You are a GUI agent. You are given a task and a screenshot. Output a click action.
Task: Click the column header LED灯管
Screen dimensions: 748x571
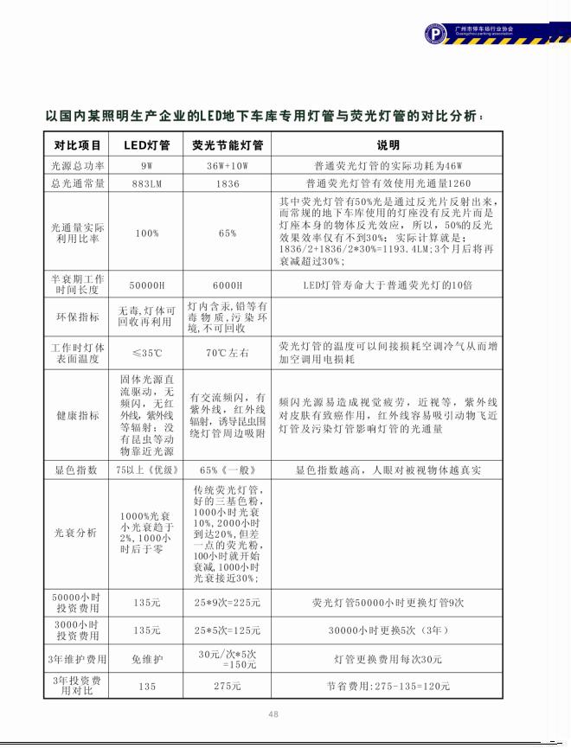tap(146, 144)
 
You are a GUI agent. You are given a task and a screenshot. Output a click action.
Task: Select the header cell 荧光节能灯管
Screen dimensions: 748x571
tap(228, 144)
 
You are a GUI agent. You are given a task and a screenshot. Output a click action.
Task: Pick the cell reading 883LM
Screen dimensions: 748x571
tap(146, 183)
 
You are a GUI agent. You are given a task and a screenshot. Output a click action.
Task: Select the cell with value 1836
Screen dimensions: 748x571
tap(228, 183)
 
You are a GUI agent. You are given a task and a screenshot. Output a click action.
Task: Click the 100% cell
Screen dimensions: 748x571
tap(146, 233)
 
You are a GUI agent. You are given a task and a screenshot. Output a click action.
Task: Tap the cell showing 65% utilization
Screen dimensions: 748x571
tap(228, 233)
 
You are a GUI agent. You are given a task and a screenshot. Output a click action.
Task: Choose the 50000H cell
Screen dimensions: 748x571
tap(146, 284)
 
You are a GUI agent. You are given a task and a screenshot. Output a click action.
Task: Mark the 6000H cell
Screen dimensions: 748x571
tap(228, 284)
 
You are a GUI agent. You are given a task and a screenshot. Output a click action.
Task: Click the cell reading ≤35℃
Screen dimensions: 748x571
tap(146, 353)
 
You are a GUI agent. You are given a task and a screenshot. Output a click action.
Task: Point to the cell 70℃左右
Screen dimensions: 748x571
tap(228, 353)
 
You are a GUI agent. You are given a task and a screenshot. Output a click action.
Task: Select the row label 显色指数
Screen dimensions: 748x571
tap(78, 470)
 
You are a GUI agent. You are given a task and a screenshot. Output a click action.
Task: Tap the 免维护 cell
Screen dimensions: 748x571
tap(146, 659)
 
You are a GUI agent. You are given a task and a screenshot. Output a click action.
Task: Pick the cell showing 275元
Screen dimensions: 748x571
tap(228, 686)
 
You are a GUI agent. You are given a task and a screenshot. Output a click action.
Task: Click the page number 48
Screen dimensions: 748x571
tap(273, 713)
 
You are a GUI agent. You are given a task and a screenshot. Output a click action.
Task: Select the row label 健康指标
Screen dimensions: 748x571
tap(78, 415)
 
